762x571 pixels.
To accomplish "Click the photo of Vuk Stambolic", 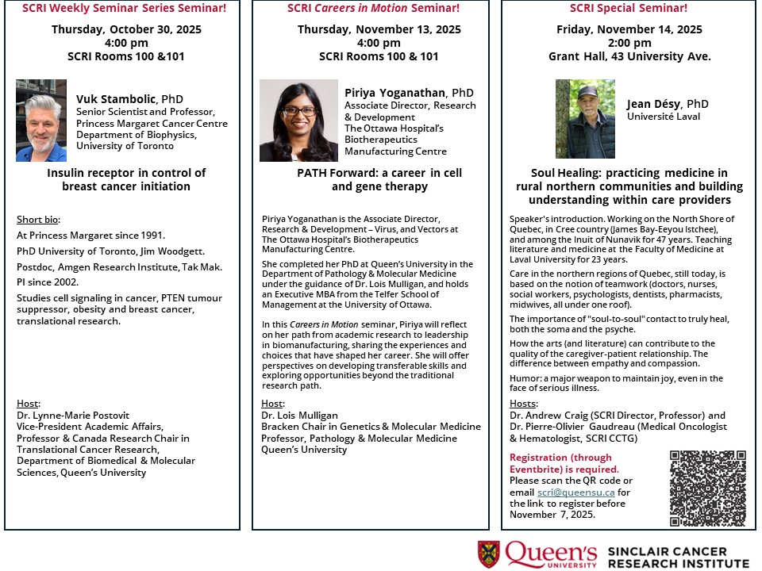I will [41, 121].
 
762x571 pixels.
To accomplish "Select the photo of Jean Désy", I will [585, 119].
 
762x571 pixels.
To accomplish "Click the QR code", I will [708, 489].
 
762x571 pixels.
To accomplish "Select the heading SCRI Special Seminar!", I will [629, 9].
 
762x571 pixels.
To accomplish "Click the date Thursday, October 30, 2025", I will [126, 30].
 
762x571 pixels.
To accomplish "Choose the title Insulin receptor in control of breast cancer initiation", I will [126, 179].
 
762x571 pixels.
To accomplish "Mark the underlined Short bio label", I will [38, 220].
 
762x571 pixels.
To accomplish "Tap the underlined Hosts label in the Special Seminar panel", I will [523, 404].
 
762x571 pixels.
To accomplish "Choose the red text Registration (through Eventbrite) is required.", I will [560, 463].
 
